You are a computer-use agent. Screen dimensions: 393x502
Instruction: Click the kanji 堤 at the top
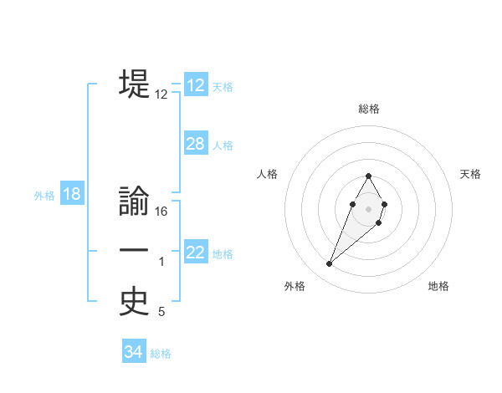coord(134,84)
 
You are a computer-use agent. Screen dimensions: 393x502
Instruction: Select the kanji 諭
coord(134,203)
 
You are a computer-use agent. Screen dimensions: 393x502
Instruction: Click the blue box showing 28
coord(196,144)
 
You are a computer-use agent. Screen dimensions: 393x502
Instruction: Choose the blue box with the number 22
coord(196,253)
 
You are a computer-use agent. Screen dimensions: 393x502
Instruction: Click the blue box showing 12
coord(196,85)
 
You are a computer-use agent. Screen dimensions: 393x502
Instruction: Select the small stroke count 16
coord(161,212)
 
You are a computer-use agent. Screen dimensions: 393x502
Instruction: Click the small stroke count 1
coord(161,263)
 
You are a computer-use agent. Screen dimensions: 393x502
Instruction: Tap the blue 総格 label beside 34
coord(161,354)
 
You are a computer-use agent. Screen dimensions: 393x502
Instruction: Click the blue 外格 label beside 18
coord(44,196)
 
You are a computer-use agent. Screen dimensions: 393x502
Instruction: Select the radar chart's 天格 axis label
coord(471,174)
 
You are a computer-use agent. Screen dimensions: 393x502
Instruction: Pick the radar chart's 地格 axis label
coord(438,286)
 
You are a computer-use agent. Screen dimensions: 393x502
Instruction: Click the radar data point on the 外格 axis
coord(329,264)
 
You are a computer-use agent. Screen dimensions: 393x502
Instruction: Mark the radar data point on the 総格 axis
coord(368,176)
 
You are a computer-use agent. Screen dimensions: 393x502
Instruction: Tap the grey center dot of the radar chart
coord(368,208)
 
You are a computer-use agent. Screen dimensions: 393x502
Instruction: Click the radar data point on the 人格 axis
coord(352,204)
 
